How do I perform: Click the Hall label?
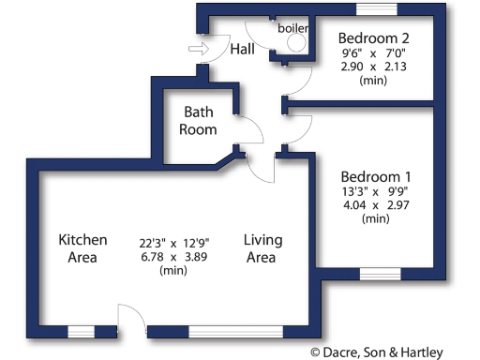pos(244,50)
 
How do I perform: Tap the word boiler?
pos(292,28)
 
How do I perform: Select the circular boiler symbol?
pos(295,42)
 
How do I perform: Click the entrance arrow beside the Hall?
pos(198,49)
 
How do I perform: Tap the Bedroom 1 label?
pos(375,176)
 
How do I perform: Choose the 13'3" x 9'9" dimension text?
pos(375,191)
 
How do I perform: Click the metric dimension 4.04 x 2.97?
pos(375,204)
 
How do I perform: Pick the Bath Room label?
pos(199,121)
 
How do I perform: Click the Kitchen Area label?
pos(82,248)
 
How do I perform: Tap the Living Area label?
pos(262,248)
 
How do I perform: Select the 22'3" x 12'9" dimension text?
pos(169,242)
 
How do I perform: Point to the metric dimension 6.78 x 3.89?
pos(169,256)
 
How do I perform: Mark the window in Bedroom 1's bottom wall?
pos(380,274)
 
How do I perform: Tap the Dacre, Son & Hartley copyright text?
pos(393,352)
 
